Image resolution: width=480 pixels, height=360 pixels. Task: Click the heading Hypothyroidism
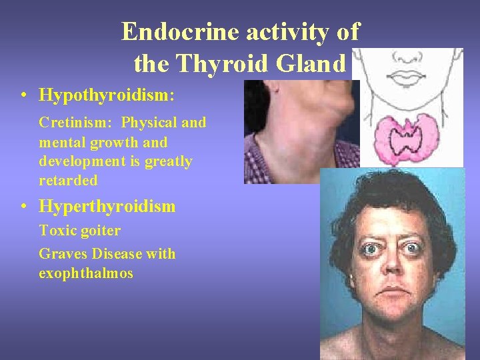click(x=107, y=95)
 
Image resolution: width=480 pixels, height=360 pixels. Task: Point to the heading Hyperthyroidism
click(x=107, y=207)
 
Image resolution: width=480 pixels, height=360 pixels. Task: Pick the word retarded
click(x=68, y=181)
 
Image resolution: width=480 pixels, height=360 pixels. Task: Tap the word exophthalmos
click(x=86, y=273)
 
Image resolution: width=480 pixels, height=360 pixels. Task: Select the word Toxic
click(x=56, y=231)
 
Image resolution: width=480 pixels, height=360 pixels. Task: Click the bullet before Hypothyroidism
click(x=24, y=96)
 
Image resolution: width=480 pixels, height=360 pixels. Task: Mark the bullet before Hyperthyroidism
click(x=24, y=207)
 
